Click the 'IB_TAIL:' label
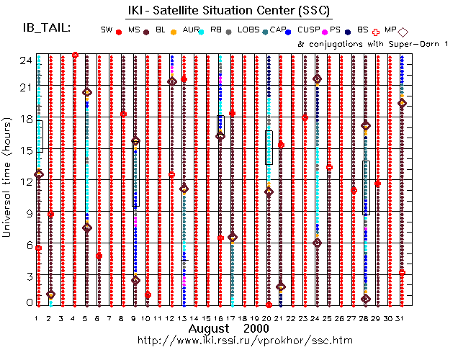pyautogui.click(x=47, y=28)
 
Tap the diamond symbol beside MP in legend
pyautogui.click(x=403, y=31)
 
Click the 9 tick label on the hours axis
pyautogui.click(x=27, y=212)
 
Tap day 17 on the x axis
pyautogui.click(x=232, y=318)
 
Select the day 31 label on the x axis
pyautogui.click(x=402, y=318)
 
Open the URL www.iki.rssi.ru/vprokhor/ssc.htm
pyautogui.click(x=244, y=339)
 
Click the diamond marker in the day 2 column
pyautogui.click(x=50, y=294)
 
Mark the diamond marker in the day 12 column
pyautogui.click(x=172, y=81)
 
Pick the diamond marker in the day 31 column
pyautogui.click(x=402, y=103)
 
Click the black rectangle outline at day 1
pyautogui.click(x=40, y=136)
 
